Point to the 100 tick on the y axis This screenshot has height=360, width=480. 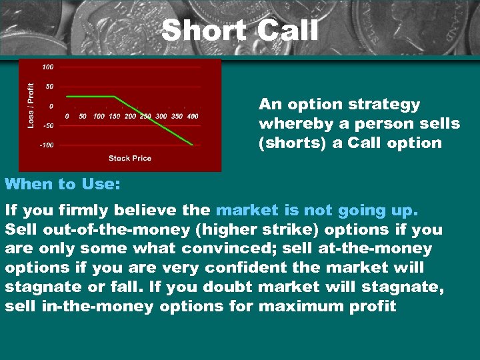pyautogui.click(x=48, y=67)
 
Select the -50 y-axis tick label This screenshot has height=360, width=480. pyautogui.click(x=48, y=125)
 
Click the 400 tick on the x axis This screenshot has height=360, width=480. pyautogui.click(x=192, y=116)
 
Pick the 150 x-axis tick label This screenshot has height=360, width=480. pyautogui.click(x=114, y=116)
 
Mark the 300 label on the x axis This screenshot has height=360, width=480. pyautogui.click(x=161, y=116)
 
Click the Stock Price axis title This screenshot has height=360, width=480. pyautogui.click(x=130, y=158)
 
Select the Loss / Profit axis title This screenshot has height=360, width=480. pyautogui.click(x=31, y=105)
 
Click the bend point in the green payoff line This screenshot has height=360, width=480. pyautogui.click(x=114, y=97)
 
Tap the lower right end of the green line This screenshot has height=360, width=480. pyautogui.click(x=193, y=144)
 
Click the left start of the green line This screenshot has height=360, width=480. pyautogui.click(x=67, y=97)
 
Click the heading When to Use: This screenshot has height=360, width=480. pyautogui.click(x=63, y=184)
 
